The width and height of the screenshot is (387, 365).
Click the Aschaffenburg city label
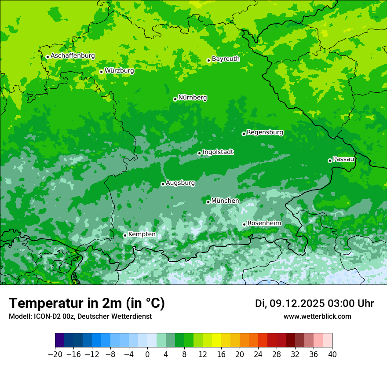coord(73,56)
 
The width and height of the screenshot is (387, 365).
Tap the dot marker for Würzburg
coord(101,72)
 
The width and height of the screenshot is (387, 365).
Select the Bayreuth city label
coord(226,58)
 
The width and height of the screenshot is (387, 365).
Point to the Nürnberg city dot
coord(175,99)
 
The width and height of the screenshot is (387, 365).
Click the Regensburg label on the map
coord(265,132)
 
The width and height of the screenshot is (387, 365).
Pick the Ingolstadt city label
coord(218,152)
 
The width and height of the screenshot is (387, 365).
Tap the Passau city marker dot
coord(330,161)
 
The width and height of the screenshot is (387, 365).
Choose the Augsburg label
coord(180,182)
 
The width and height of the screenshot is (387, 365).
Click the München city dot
coord(208,202)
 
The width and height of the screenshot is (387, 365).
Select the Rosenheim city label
coord(264,223)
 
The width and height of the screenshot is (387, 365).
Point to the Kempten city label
coord(142,234)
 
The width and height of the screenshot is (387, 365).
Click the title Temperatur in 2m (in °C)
coord(87,303)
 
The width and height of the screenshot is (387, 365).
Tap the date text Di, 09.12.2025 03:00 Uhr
coord(314,303)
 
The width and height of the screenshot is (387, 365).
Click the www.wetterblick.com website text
coord(317,316)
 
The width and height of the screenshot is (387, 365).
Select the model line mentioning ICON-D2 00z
coord(80,316)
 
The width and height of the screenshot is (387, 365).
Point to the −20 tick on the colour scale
coord(55,354)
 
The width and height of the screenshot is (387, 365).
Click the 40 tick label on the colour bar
coord(332,354)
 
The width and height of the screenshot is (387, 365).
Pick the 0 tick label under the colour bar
coord(147,354)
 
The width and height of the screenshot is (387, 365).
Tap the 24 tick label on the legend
coord(258,354)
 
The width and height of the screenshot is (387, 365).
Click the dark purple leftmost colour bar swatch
coord(59,340)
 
